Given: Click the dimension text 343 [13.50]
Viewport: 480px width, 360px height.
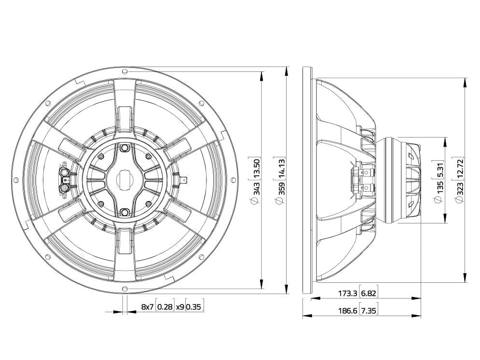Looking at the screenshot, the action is [255, 180].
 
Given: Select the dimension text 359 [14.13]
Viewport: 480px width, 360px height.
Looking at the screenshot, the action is [281, 180].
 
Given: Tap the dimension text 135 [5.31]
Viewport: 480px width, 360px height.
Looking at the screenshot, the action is [439, 181].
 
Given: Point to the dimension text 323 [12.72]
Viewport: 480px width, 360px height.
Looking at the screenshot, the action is [459, 180].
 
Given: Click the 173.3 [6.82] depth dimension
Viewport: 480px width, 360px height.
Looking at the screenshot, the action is [357, 293].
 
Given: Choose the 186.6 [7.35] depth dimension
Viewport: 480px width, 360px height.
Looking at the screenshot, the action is [357, 311].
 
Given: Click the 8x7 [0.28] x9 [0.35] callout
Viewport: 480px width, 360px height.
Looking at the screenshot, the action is [172, 306].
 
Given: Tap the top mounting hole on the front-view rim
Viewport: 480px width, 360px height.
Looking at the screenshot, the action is [124, 71].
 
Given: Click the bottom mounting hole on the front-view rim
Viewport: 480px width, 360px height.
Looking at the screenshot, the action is [124, 288].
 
